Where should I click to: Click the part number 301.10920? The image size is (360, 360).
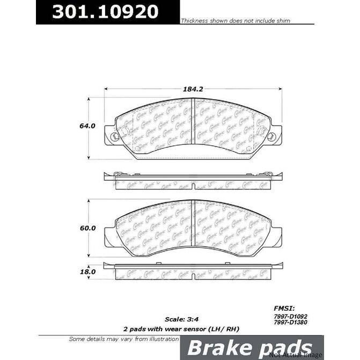coord(106,12)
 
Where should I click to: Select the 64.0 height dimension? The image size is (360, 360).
coord(87,126)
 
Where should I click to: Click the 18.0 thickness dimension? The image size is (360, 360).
coord(87,272)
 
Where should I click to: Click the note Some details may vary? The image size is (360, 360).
coord(124,339)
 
